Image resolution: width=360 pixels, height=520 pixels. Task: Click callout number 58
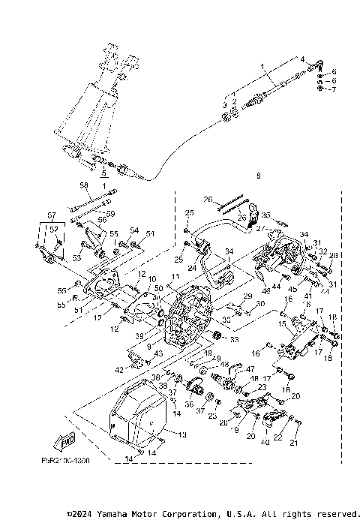pos(84,185)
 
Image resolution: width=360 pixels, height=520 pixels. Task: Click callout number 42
pos(119,369)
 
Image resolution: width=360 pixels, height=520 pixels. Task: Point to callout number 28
pos(334,256)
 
